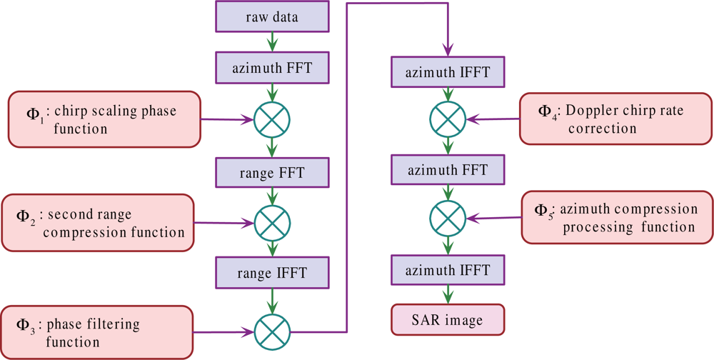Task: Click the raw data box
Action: (272, 17)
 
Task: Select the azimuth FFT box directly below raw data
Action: (272, 69)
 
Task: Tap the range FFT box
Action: (272, 171)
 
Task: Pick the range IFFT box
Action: (272, 272)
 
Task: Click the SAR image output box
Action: (448, 319)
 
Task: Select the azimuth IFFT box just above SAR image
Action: (448, 271)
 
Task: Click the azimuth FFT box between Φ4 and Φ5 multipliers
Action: (448, 170)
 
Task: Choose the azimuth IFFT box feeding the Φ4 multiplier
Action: (448, 72)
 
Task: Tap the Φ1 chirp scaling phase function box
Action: (104, 119)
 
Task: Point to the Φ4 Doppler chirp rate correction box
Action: (615, 119)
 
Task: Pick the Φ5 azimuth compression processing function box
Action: (617, 218)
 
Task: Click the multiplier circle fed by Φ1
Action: (272, 121)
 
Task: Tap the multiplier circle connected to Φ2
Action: (272, 223)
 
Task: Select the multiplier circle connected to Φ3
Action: (272, 331)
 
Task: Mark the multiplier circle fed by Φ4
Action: (448, 119)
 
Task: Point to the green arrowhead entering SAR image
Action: (448, 298)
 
